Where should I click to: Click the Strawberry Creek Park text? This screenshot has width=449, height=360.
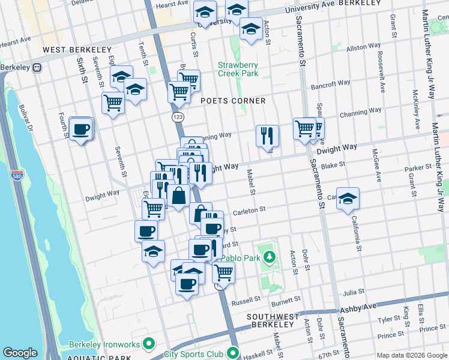(x=238, y=69)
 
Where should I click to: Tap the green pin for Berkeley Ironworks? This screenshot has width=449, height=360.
(x=150, y=344)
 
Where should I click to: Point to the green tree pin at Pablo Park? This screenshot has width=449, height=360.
(x=270, y=258)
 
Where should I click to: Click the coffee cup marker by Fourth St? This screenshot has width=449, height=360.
(x=80, y=128)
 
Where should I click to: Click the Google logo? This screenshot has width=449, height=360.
(x=20, y=353)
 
